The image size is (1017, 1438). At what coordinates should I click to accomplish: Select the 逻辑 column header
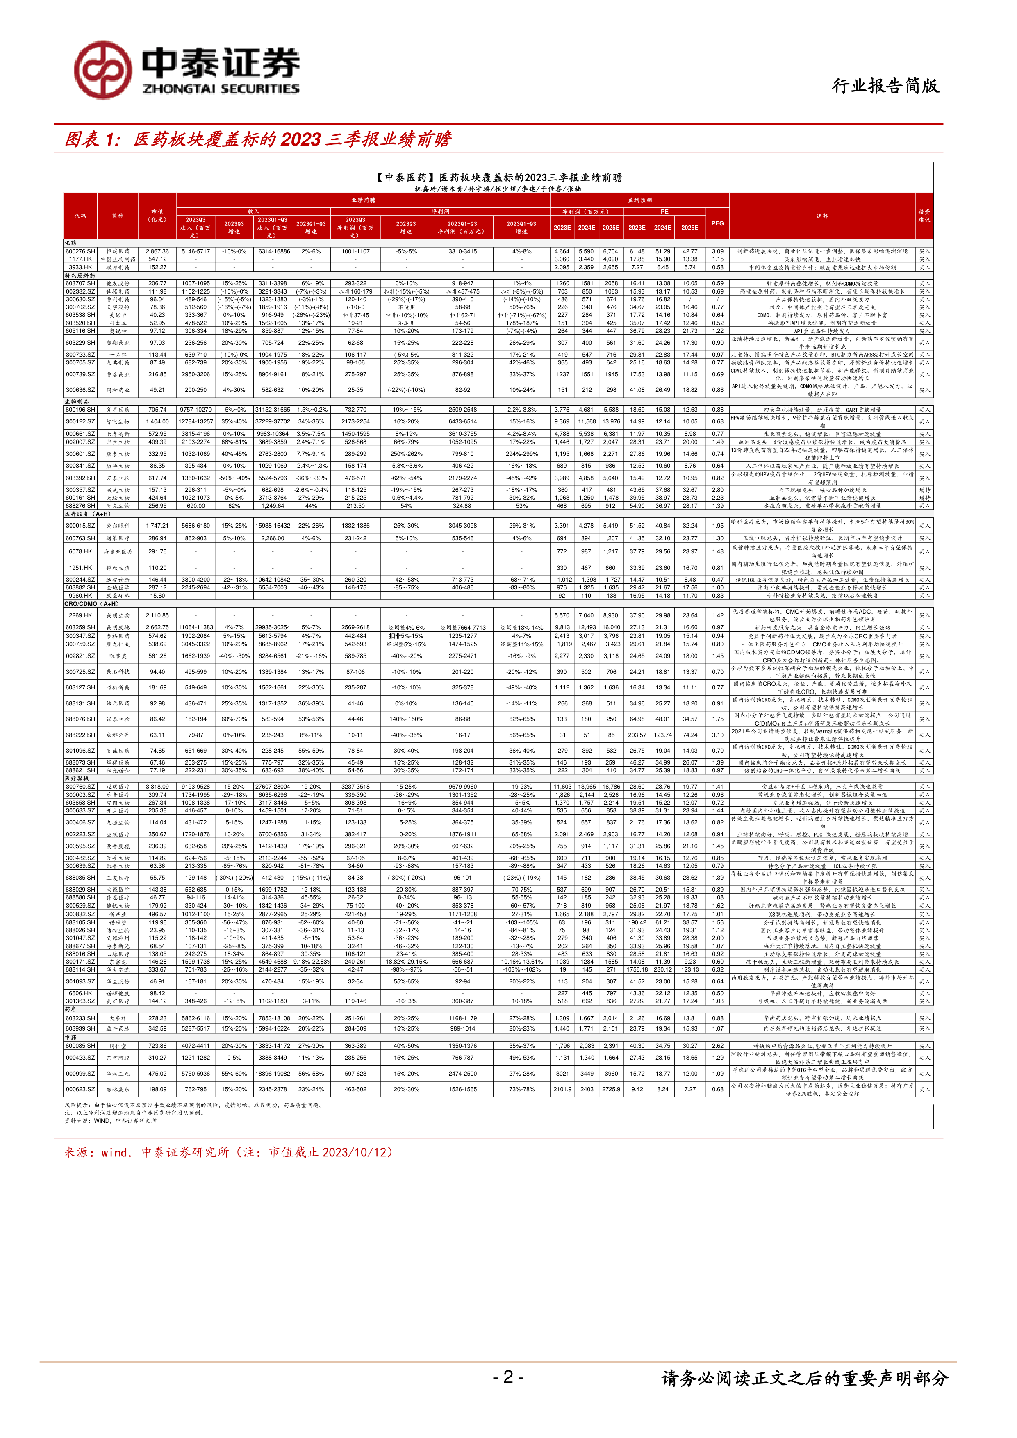[x=822, y=216]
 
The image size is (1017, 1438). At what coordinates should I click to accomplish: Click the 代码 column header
[x=80, y=216]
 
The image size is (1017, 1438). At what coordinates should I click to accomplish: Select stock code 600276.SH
[x=80, y=251]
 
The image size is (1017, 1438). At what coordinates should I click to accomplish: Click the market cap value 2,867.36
[x=157, y=251]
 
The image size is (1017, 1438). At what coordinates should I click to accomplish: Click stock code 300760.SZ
[x=80, y=787]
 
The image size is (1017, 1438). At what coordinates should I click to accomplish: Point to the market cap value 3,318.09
[x=157, y=787]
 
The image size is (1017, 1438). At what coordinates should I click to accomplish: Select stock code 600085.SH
[x=80, y=1046]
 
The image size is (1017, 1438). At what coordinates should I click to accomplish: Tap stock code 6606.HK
[x=80, y=993]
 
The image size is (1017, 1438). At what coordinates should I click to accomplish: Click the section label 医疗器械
[x=77, y=778]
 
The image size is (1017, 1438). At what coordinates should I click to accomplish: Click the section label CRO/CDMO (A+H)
[x=91, y=604]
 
